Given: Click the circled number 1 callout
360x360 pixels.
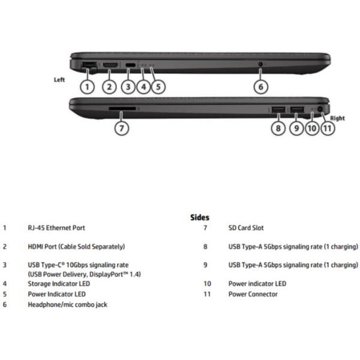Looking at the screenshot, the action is (87, 87).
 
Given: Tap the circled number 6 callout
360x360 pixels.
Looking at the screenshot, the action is (261, 87).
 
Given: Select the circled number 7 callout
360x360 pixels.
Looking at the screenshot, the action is (122, 128).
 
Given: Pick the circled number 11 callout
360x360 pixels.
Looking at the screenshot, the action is (328, 128).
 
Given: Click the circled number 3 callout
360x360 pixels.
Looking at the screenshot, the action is (128, 87).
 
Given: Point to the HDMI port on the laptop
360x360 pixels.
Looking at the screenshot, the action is (110, 65).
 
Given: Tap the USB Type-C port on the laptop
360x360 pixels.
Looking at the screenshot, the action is (130, 65).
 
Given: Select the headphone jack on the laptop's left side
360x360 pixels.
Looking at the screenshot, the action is (260, 64).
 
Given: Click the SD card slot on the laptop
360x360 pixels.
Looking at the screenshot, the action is (122, 108).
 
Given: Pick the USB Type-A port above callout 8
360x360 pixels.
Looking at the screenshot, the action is (278, 110).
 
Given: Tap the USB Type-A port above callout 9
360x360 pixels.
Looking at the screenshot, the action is (297, 110).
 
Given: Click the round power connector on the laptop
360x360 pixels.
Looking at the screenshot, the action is (320, 109).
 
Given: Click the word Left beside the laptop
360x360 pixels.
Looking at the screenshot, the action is (59, 80).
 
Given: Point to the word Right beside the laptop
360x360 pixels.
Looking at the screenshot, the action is (337, 118).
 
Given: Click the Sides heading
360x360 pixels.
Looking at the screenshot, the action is (200, 217).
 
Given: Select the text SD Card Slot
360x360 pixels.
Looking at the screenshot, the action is (246, 228).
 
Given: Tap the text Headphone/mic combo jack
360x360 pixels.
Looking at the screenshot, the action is (67, 305).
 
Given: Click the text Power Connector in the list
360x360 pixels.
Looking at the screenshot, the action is (253, 294).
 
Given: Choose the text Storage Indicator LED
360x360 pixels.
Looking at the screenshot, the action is (59, 284).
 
